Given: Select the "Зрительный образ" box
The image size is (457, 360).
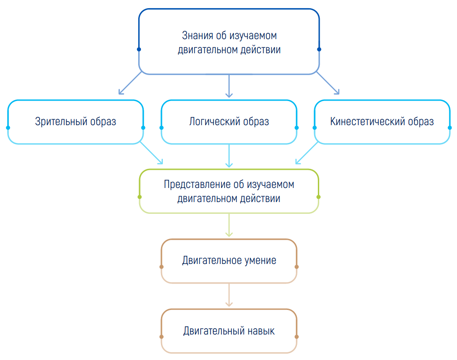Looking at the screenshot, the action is (75, 122).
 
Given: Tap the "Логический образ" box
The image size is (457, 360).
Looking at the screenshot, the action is (229, 122).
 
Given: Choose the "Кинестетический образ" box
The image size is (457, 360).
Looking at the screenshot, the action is (382, 122).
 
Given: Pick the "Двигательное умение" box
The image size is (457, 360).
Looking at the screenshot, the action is (229, 261).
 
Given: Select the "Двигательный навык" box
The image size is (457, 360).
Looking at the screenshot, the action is (229, 331).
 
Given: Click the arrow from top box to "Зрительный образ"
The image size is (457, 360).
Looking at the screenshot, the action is (130, 83).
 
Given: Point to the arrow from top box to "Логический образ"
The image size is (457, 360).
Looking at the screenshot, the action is (229, 86).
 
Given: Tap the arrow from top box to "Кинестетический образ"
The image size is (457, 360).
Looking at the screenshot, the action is (328, 83).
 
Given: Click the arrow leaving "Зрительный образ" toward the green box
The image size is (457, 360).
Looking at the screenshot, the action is (151, 153).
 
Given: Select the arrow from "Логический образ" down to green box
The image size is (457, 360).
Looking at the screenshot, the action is (229, 156).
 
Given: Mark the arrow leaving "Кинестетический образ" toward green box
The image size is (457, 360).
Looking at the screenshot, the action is (306, 153).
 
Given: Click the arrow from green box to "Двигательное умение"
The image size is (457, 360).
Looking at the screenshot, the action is (229, 225).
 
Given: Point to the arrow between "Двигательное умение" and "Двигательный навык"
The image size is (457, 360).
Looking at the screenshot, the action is (229, 295).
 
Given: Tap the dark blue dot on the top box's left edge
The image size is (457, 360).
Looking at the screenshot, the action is (139, 49).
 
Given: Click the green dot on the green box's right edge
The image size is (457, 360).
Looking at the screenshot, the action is (319, 197).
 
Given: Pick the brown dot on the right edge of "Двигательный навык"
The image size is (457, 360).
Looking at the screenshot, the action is (296, 337).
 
